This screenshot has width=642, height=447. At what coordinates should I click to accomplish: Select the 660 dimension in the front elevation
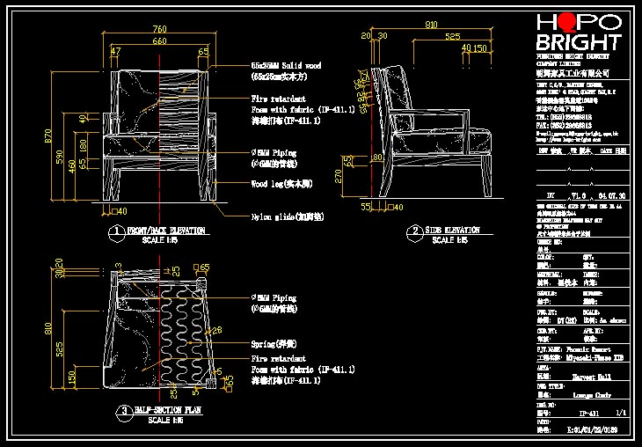point(158,41)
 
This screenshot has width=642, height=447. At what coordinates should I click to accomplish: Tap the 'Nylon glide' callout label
point(286,216)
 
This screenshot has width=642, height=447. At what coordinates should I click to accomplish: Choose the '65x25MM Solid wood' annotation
point(286,66)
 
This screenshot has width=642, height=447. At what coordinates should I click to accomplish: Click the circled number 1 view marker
point(115,233)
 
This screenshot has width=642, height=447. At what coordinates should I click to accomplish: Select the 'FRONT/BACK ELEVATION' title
point(166,231)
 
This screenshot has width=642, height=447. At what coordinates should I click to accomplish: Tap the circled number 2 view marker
point(413,233)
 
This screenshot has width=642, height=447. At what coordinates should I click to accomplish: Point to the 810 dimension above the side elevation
point(431,26)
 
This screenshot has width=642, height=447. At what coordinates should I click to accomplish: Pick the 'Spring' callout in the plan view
point(274,346)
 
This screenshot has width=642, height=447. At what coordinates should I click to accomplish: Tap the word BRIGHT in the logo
point(578,42)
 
